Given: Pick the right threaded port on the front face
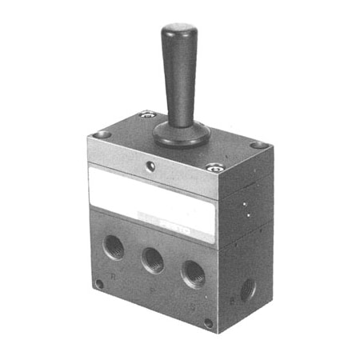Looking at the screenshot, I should tap(192, 274).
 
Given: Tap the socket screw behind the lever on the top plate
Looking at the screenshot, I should tap(145, 116).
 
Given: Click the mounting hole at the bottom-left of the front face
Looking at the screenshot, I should tap(98, 283).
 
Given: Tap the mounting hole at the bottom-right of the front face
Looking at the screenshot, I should tap(208, 323).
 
